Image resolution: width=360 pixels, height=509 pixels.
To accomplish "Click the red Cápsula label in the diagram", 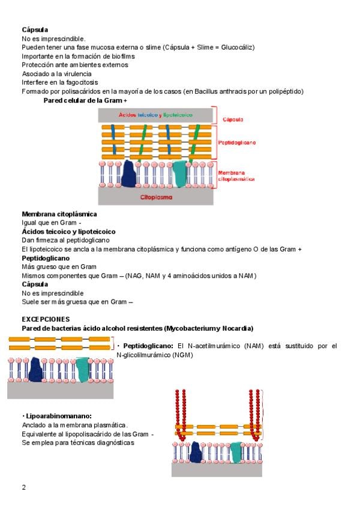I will (233, 119).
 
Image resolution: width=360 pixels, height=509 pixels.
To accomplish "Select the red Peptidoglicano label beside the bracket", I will (236, 143).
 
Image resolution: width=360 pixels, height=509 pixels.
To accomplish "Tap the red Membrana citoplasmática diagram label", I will (236, 175).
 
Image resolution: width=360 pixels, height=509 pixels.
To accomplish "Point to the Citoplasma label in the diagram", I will (156, 196).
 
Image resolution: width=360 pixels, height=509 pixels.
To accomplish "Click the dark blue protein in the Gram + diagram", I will (128, 175).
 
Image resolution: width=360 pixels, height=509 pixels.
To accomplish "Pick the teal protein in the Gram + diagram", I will (179, 174).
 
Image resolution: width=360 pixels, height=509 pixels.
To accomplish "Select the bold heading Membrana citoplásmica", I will (59, 214).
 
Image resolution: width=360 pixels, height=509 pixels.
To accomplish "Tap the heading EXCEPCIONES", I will (46, 319).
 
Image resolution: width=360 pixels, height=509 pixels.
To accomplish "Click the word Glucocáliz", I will (236, 47).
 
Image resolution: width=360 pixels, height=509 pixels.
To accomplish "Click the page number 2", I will (24, 487).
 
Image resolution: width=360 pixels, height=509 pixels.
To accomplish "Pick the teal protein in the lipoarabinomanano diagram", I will (236, 453).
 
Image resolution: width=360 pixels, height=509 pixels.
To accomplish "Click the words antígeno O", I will (248, 248).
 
